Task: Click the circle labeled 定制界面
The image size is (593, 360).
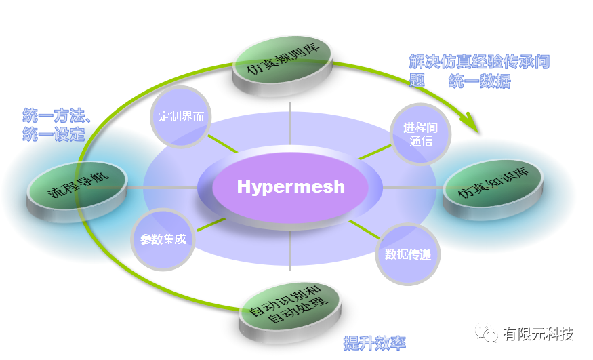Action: pos(181,116)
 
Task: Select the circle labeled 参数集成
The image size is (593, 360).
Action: pos(163,239)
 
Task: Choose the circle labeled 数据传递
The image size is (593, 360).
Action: pos(407,254)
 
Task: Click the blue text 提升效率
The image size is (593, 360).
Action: pos(375,342)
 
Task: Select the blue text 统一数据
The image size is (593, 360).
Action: pos(479,82)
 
